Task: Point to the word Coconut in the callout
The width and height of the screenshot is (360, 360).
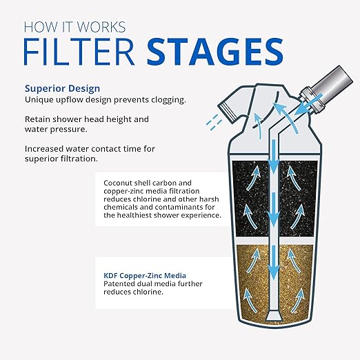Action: pos(119,179)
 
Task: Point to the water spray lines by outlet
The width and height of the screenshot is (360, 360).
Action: pos(213,122)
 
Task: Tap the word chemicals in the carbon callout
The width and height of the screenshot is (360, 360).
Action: pos(119,206)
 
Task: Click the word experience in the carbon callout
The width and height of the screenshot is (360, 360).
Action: pos(197,214)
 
